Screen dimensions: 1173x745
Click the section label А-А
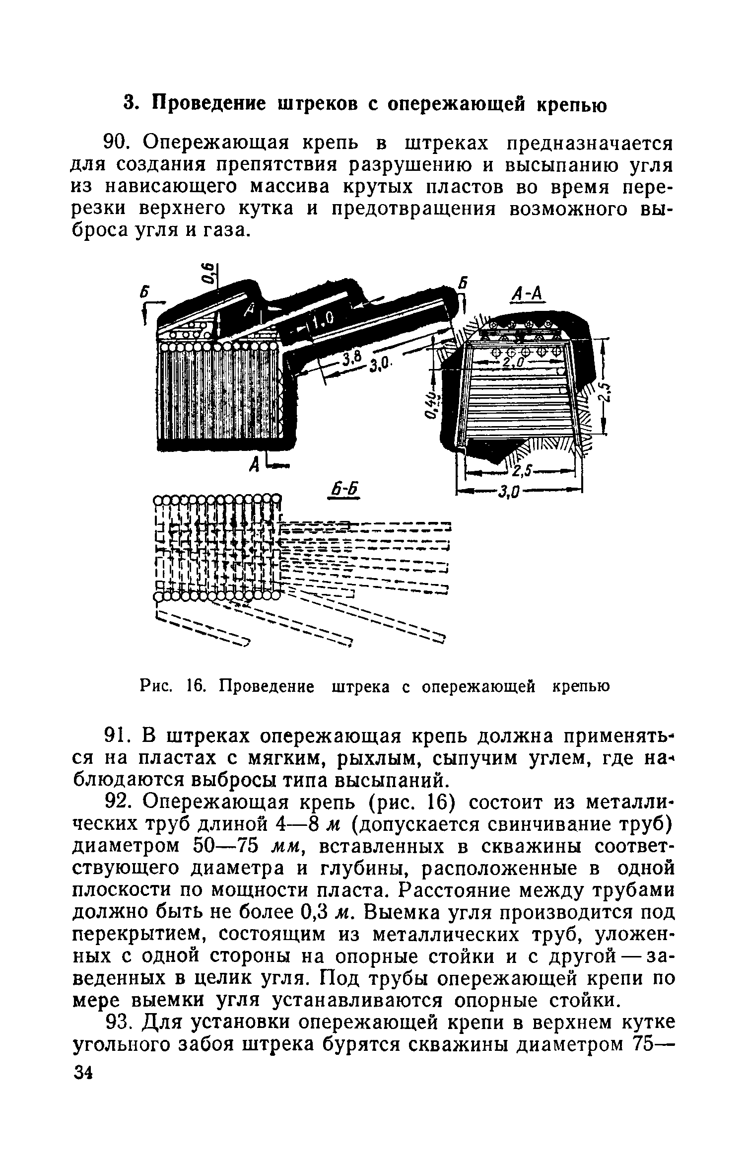(527, 295)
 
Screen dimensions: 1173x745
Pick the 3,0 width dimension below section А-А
(509, 493)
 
